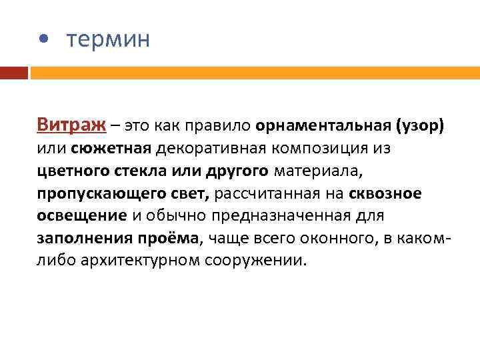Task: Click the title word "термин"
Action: [108, 39]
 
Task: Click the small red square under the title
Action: [14, 72]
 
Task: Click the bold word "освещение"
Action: [81, 215]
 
